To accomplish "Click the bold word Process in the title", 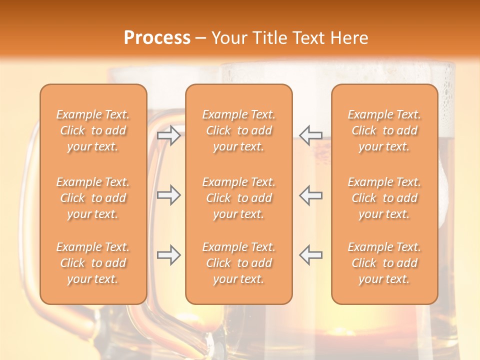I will pyautogui.click(x=157, y=38).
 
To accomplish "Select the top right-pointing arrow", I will pyautogui.click(x=169, y=135).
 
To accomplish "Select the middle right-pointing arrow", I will pyautogui.click(x=169, y=195).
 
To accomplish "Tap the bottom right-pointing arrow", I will pyautogui.click(x=169, y=255).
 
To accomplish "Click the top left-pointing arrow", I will pyautogui.click(x=310, y=135).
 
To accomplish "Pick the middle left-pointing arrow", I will pyautogui.click(x=310, y=195).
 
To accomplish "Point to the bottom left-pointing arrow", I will pyautogui.click(x=310, y=255).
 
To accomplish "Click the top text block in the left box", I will pyautogui.click(x=93, y=130).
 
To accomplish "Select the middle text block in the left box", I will pyautogui.click(x=93, y=198).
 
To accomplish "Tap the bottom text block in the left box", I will pyautogui.click(x=93, y=263).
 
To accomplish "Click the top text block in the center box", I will pyautogui.click(x=238, y=130).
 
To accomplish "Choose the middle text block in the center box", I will pyautogui.click(x=238, y=198).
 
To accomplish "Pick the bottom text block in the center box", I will pyautogui.click(x=238, y=263).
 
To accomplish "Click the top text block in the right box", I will pyautogui.click(x=384, y=130).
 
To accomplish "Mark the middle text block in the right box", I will pyautogui.click(x=384, y=198).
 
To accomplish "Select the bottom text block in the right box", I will pyautogui.click(x=384, y=263).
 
